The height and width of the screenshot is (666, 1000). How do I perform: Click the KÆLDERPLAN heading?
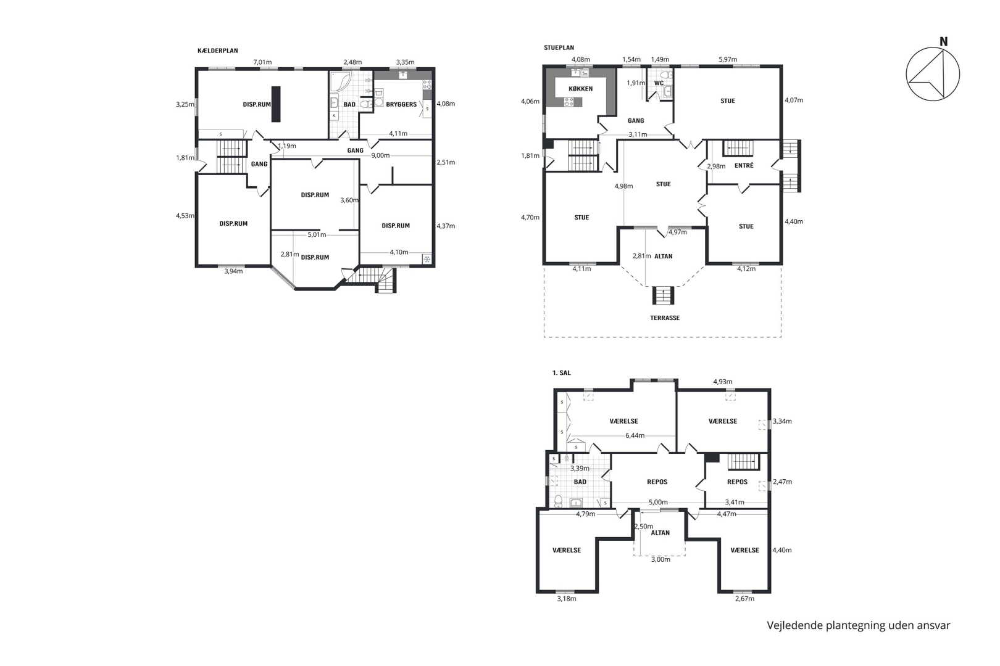click(x=218, y=51)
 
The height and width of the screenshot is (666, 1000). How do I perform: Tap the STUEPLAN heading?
click(x=559, y=47)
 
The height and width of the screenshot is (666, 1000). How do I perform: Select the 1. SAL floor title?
click(x=562, y=373)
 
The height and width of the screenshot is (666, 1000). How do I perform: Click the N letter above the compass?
click(x=943, y=41)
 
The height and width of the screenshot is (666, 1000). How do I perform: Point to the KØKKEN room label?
click(x=580, y=89)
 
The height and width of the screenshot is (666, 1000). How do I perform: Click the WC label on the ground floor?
click(x=659, y=83)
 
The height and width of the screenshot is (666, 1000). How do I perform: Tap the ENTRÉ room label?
click(x=744, y=165)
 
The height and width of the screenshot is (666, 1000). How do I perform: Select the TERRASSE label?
click(x=665, y=318)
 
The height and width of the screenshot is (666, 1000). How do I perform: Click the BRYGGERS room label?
click(x=401, y=104)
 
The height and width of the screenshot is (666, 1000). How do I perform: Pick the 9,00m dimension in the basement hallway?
click(x=380, y=155)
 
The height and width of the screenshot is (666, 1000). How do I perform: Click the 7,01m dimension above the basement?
click(x=262, y=62)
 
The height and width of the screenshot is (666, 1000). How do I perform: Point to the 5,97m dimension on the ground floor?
click(x=728, y=59)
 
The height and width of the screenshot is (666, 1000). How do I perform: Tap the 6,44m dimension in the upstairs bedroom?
click(x=635, y=435)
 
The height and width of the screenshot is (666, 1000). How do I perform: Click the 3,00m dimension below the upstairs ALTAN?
click(x=660, y=559)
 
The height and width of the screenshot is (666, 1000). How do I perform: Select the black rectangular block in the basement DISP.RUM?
click(x=277, y=104)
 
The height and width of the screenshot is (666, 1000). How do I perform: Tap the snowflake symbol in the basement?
click(x=427, y=259)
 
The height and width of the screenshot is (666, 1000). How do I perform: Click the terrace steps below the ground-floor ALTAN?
click(x=663, y=295)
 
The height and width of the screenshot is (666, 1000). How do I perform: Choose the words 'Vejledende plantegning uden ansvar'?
click(x=859, y=625)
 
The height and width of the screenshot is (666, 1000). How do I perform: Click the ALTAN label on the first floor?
click(x=660, y=533)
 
